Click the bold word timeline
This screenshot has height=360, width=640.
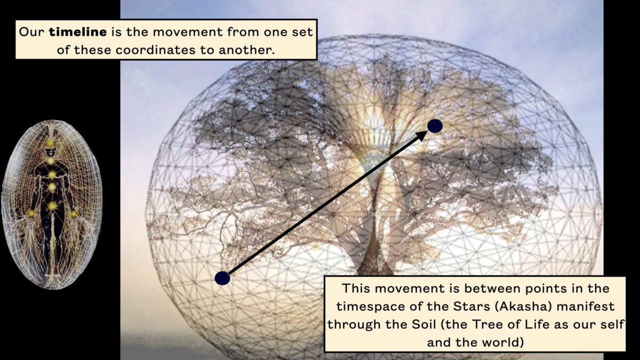pos(78,32)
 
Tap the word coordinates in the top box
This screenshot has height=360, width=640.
pos(156,50)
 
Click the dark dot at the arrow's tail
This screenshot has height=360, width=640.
pos(222,278)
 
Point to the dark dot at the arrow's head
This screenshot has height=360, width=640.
pos(435,126)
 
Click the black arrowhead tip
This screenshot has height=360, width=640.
pos(427,131)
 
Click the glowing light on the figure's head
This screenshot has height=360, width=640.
pos(51,142)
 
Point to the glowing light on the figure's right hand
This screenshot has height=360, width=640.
pos(31,213)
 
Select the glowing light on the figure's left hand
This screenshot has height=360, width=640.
pos(74,213)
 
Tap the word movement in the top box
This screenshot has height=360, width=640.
pos(188,32)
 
